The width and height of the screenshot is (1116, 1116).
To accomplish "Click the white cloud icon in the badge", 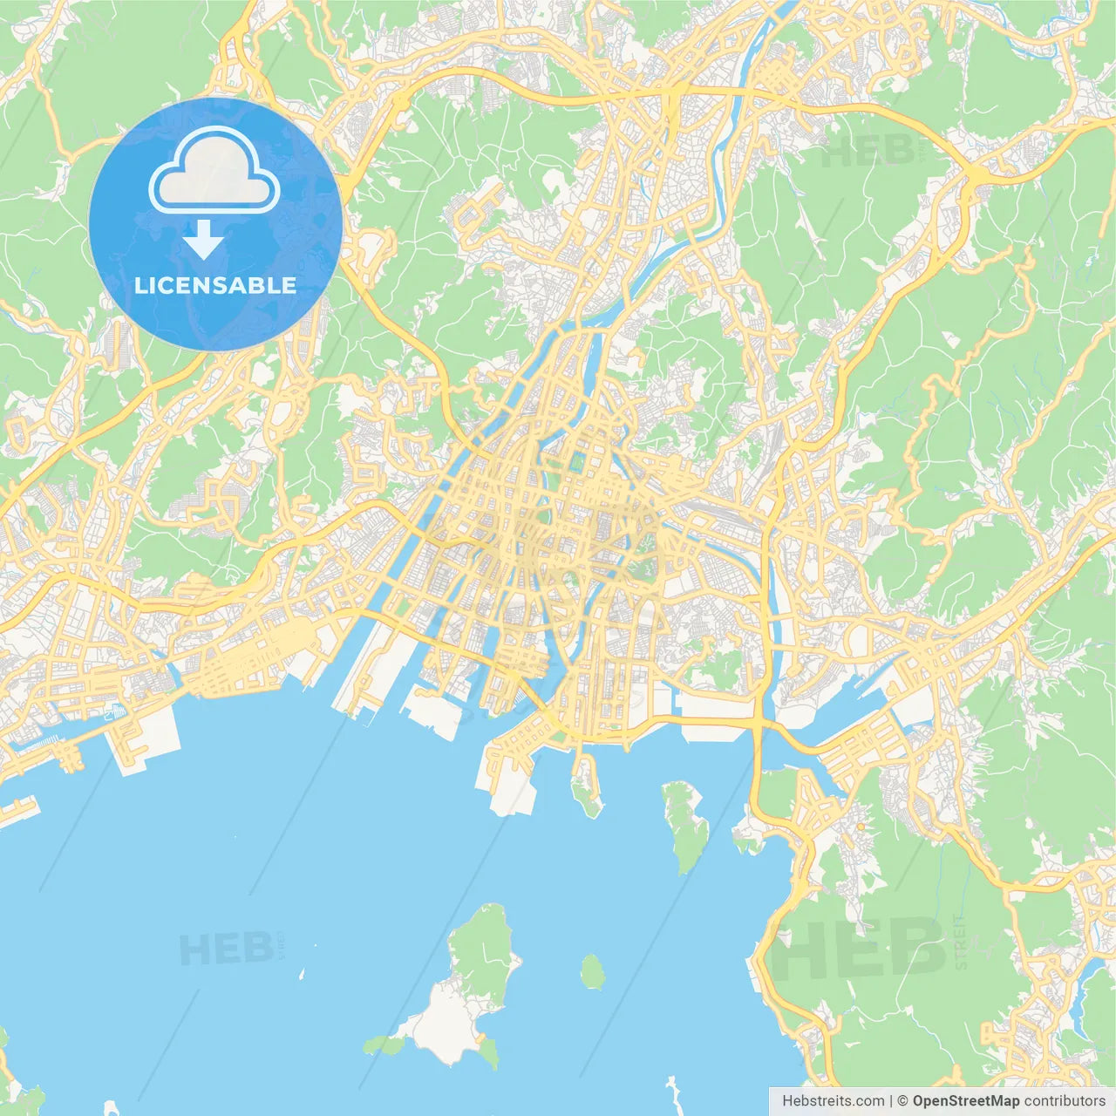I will tap(214, 171).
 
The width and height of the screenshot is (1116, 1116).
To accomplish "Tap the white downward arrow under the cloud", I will tap(203, 239).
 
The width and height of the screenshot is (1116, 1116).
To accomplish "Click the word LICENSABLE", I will tap(214, 285).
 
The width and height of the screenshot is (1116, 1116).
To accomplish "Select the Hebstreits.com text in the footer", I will tap(833, 1100).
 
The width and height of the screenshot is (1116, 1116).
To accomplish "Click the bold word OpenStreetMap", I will tap(965, 1100).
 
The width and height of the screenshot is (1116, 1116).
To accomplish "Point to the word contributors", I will tap(1065, 1100).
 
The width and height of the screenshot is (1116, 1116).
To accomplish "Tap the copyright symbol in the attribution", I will tap(902, 1100).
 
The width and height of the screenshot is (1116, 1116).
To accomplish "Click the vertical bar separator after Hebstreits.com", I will tap(890, 1100).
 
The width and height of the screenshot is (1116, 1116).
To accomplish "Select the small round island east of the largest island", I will tap(593, 971).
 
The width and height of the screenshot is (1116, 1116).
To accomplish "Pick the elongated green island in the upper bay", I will tap(684, 824).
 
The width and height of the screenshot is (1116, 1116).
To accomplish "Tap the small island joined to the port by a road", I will tap(585, 789).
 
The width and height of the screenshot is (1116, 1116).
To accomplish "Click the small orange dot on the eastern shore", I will tap(861, 826).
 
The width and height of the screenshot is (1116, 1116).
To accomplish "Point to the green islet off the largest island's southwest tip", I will tap(384, 1044).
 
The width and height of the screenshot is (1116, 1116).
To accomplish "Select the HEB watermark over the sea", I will tap(225, 949).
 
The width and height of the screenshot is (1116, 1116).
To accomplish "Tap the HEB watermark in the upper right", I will tap(868, 151).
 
